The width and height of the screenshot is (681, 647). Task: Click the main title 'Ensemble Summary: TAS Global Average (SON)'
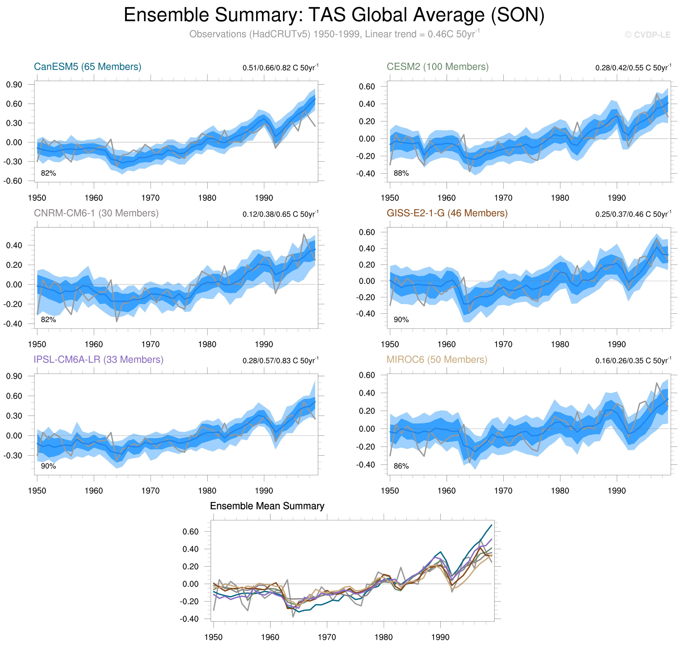[x=334, y=15]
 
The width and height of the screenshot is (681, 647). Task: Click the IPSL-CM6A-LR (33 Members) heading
[x=98, y=359]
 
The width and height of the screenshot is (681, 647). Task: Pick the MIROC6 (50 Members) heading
[x=437, y=359]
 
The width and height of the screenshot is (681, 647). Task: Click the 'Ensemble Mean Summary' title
[x=267, y=506]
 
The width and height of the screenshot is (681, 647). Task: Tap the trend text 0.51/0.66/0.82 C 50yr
[x=280, y=68]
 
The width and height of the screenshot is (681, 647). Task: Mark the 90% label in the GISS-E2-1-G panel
[x=401, y=320]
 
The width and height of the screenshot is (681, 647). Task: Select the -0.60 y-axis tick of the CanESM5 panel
[x=13, y=181]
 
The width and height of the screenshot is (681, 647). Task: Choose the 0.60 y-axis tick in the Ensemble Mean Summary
[x=190, y=532]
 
